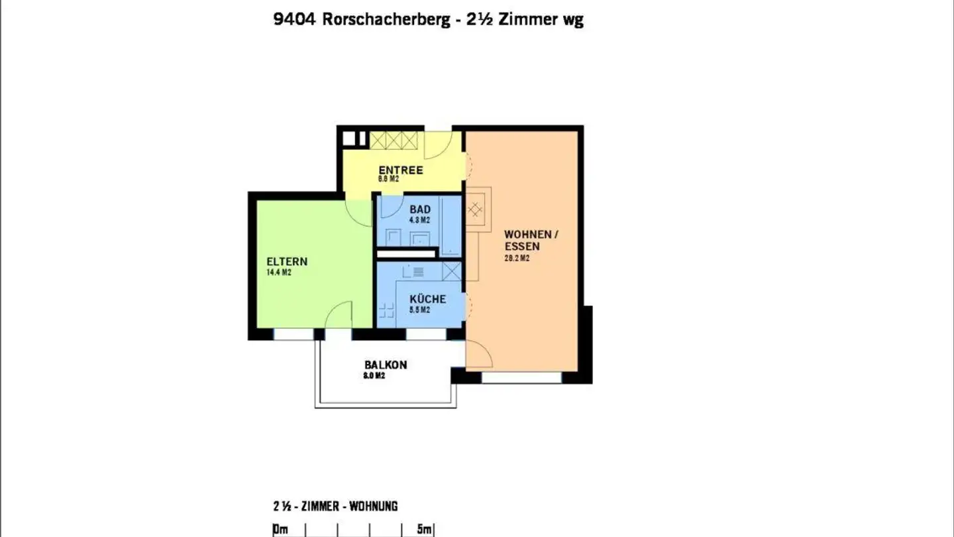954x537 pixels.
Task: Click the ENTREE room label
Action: click(x=400, y=170)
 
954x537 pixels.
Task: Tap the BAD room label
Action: click(x=419, y=209)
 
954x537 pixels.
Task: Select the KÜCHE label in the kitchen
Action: click(x=427, y=299)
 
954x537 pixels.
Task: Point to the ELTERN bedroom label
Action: click(x=287, y=261)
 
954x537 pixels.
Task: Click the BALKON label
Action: click(x=386, y=365)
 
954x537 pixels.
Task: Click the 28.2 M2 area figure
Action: click(x=517, y=259)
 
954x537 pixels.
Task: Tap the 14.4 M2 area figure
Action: click(x=278, y=272)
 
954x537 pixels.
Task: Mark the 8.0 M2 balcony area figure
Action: click(x=374, y=376)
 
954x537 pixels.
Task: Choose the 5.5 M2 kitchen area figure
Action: click(x=419, y=310)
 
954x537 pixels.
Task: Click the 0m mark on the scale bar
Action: click(x=280, y=529)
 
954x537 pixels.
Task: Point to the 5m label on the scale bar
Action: click(x=425, y=529)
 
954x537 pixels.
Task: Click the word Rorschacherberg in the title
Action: click(x=386, y=19)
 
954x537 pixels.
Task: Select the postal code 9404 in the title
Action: click(x=295, y=19)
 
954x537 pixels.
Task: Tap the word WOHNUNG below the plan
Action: click(x=374, y=507)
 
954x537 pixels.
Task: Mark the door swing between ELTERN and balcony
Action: click(x=339, y=316)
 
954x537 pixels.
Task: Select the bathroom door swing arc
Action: click(x=390, y=208)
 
